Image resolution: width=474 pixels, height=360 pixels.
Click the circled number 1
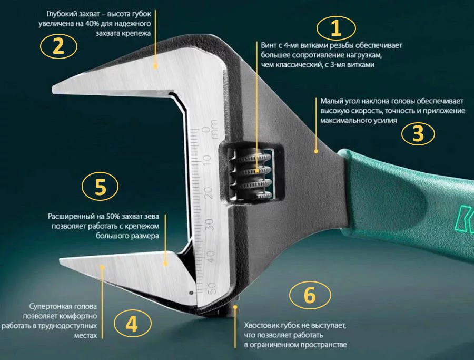(x=336, y=28)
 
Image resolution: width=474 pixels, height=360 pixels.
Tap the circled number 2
(x=58, y=46)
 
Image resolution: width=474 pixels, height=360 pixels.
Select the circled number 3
(x=418, y=133)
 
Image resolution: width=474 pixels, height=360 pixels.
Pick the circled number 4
(x=132, y=324)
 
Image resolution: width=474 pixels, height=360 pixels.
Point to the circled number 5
(x=100, y=187)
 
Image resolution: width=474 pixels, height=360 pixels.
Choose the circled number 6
(x=310, y=295)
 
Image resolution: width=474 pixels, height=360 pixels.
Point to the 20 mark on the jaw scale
(x=209, y=192)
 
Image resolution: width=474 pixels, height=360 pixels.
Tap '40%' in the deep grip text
(x=93, y=24)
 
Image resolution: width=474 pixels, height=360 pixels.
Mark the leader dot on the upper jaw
(x=155, y=65)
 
